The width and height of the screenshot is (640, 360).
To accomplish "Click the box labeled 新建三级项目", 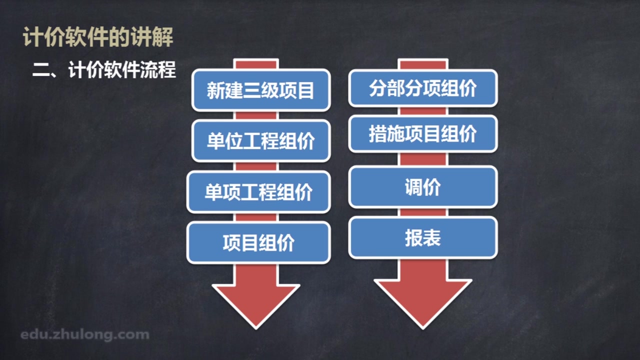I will tap(260, 90).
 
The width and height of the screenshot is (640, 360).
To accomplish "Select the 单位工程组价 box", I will tap(260, 141).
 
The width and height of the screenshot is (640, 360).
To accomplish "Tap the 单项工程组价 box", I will tap(258, 192).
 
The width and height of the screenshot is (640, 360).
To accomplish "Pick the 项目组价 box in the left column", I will tap(258, 243).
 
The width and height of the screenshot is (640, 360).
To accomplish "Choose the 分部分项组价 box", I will tap(422, 88).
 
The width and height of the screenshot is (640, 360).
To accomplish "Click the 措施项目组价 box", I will tap(422, 134).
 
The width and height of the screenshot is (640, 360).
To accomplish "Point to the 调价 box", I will tap(422, 187).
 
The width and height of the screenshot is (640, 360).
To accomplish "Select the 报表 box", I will tap(422, 238).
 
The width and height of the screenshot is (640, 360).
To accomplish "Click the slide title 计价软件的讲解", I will tap(98, 37).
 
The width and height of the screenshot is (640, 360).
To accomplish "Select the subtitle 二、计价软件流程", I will tap(104, 70).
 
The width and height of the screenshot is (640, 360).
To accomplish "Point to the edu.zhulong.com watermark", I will tap(85, 334).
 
